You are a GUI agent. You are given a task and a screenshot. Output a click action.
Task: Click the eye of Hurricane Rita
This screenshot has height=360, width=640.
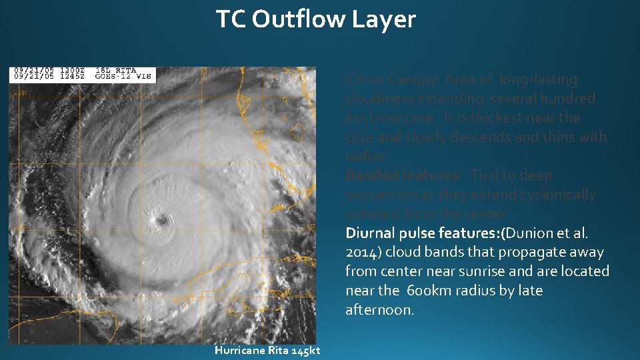tap(161, 220)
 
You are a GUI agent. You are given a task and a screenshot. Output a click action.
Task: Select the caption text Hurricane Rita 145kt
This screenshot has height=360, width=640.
tap(267, 351)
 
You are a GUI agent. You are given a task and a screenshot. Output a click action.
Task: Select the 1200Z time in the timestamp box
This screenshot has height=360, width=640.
tap(67, 70)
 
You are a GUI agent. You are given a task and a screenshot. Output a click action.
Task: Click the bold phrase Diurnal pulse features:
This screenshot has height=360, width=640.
tap(423, 233)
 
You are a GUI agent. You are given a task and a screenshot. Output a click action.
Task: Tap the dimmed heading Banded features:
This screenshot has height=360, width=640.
tap(403, 175)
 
